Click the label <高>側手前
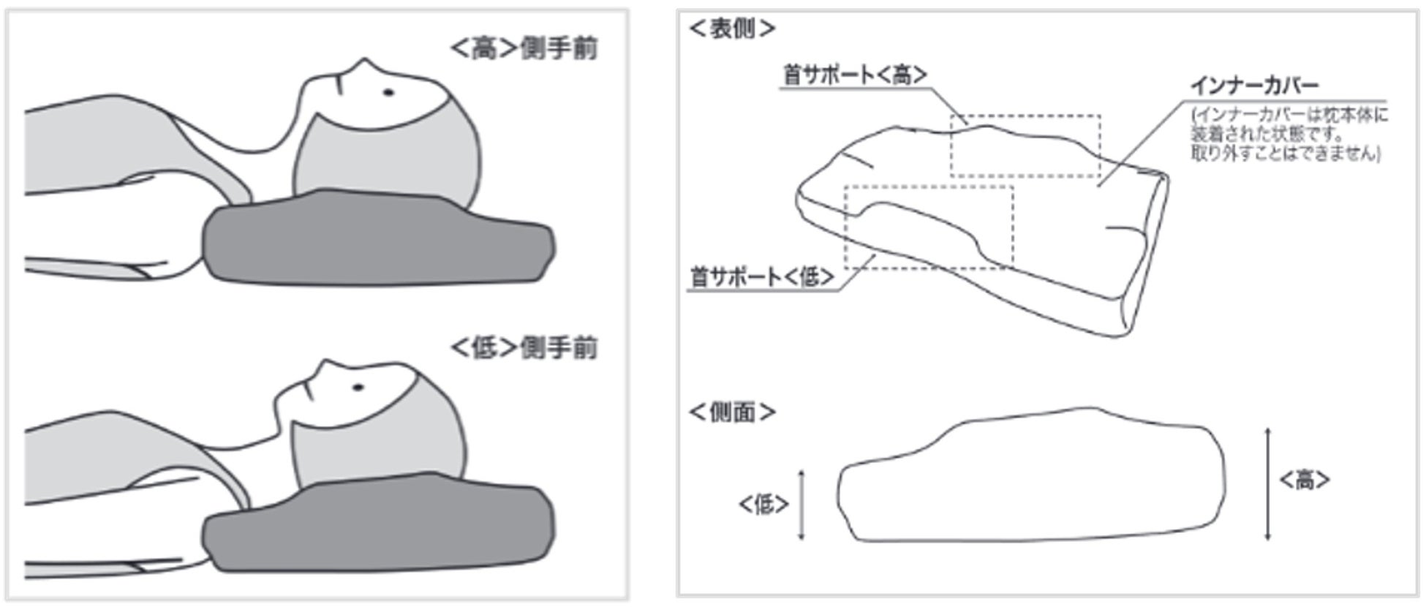tap(524, 48)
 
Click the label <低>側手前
tap(524, 348)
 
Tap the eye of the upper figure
tap(388, 93)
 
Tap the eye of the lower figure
tap(358, 388)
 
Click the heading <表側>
tap(732, 29)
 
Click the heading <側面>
tap(732, 412)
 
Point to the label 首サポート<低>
tap(762, 277)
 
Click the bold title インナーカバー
tap(1254, 86)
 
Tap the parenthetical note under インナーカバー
tap(1289, 135)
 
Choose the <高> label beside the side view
tap(1305, 480)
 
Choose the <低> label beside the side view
tap(763, 505)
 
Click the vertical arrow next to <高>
tap(1268, 484)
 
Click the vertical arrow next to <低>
tap(801, 505)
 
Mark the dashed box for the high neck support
tap(1025, 146)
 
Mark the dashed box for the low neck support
tap(929, 227)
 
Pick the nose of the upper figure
tap(363, 63)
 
